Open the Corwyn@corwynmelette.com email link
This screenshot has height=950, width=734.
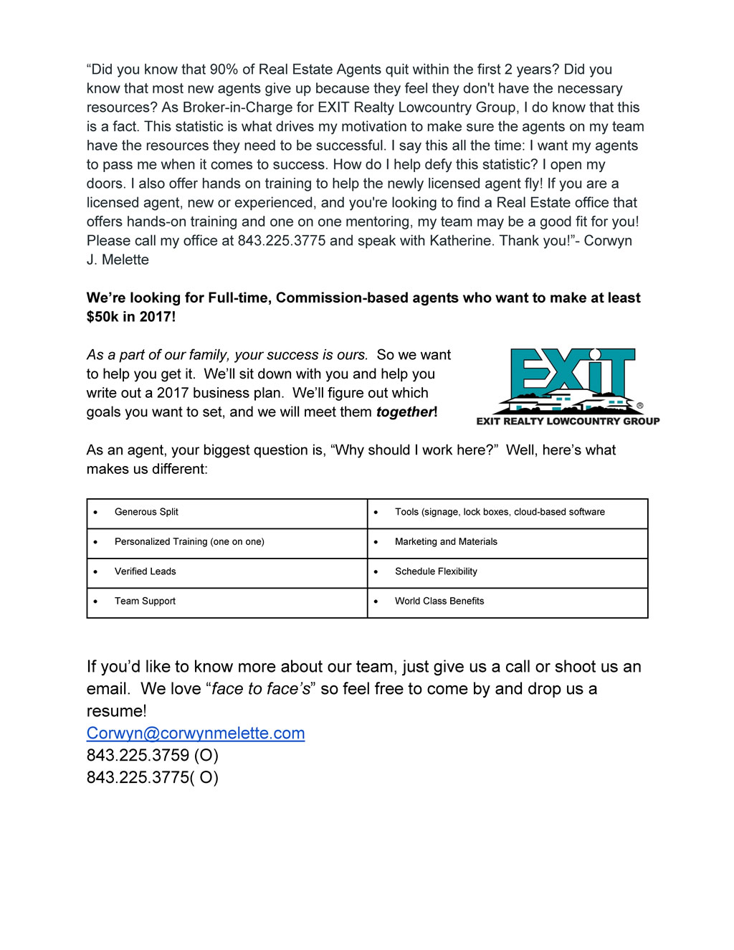(196, 733)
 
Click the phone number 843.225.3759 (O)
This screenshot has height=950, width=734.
(153, 756)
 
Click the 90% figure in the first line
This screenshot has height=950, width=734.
(224, 70)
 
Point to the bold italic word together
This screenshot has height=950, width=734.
(405, 412)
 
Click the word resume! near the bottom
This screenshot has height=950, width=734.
(116, 711)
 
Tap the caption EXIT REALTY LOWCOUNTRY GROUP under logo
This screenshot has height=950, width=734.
(568, 422)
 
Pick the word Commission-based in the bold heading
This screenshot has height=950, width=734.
(334, 298)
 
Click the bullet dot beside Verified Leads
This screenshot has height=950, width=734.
(95, 572)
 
